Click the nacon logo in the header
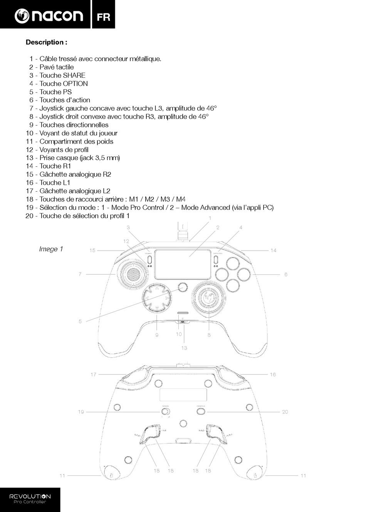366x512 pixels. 49,15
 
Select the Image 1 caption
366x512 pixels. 51,249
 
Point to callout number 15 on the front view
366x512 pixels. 92,251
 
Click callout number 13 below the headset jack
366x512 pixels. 184,348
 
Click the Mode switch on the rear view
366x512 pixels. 166,412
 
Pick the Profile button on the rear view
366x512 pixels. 200,412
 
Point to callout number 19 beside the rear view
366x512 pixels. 81,412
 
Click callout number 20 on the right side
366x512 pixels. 285,412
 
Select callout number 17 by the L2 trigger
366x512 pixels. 93,374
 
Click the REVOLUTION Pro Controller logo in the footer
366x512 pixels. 30,499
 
